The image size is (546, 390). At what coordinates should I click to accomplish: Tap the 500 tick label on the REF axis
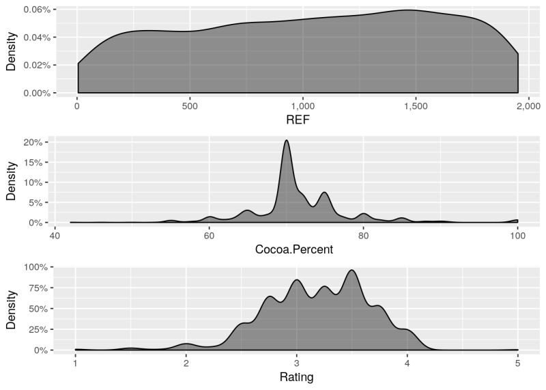click(190, 107)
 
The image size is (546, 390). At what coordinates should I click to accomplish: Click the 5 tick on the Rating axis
click(517, 363)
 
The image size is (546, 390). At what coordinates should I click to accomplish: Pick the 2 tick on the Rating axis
click(186, 363)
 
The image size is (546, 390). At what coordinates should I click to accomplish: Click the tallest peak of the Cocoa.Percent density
click(287, 141)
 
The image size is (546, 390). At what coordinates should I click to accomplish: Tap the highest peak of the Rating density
click(352, 270)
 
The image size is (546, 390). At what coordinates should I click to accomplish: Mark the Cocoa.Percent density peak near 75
click(325, 193)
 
